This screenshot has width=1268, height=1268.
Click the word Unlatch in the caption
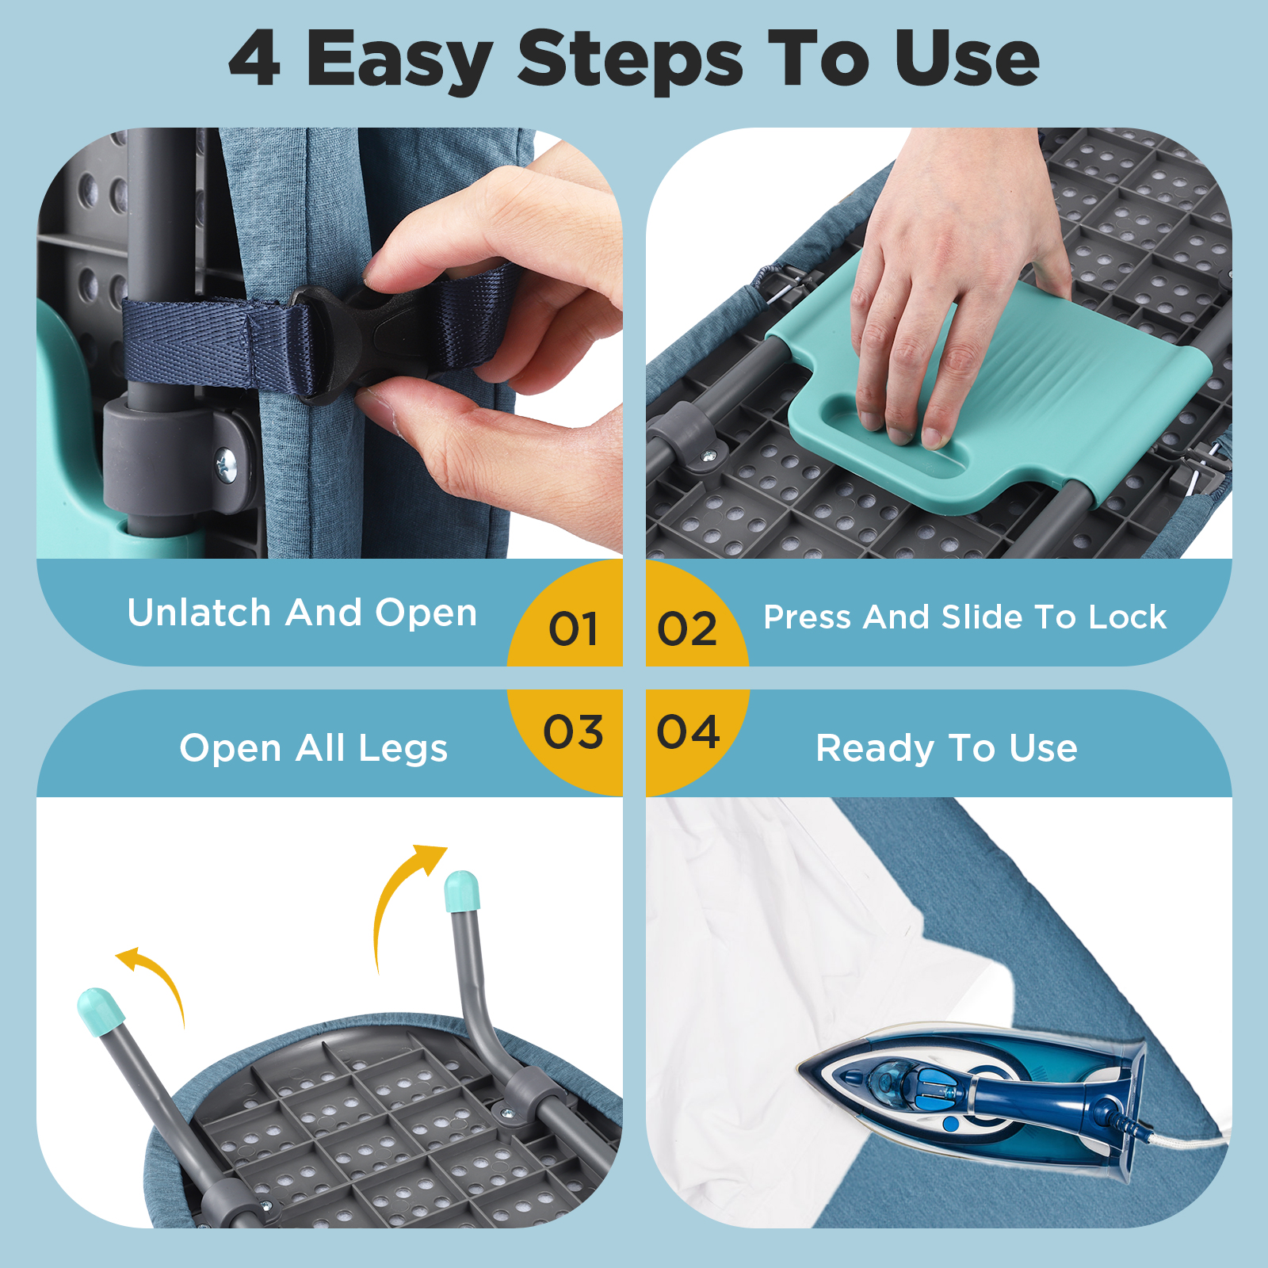click(200, 613)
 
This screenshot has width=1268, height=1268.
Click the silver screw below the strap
click(226, 461)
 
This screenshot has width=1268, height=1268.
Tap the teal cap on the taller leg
click(462, 892)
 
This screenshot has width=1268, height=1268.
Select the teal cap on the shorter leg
click(100, 1011)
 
